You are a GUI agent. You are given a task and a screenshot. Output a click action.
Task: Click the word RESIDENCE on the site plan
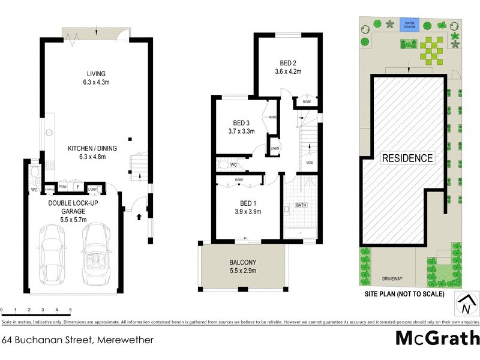tap(407, 158)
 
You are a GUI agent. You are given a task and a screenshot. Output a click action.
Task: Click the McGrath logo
tap(437, 338)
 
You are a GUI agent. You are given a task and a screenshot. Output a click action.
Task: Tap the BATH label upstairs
tap(301, 205)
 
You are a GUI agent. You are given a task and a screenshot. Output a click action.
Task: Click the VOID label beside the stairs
tap(310, 163)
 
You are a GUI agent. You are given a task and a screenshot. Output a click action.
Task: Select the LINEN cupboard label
tap(275, 148)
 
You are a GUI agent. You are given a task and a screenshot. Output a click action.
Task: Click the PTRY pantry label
tap(62, 187)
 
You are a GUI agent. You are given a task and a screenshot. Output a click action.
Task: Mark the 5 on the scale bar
tap(71, 310)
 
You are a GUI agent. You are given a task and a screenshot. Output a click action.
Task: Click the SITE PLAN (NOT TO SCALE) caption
tap(404, 294)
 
